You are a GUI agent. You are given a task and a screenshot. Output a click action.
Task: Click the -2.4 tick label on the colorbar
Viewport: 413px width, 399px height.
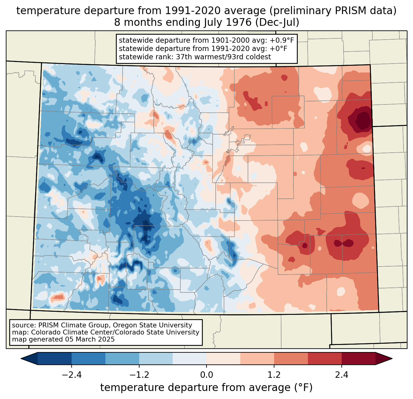pos(72,375)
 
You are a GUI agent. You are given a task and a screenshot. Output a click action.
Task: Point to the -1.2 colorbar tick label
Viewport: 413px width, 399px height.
pos(139,375)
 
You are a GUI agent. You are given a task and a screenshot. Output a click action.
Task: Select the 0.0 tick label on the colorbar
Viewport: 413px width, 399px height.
pos(206,375)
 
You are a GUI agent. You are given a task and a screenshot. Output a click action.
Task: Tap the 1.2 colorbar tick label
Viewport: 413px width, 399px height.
pos(274,375)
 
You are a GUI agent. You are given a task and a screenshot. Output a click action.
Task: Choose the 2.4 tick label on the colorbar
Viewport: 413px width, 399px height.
pos(341,375)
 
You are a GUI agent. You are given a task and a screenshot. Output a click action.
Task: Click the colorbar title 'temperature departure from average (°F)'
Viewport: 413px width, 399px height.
pos(206,388)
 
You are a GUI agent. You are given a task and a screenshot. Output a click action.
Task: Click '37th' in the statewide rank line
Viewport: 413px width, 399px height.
pos(183,57)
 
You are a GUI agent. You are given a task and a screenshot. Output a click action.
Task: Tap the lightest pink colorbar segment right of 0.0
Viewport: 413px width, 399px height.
pos(223,358)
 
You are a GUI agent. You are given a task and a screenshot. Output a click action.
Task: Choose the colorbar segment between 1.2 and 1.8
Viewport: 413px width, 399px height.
pos(291,358)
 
